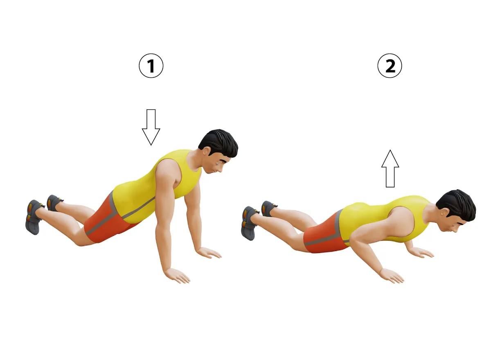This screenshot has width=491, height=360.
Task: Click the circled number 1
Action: tap(151, 66)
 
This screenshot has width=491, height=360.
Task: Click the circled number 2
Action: tap(390, 66)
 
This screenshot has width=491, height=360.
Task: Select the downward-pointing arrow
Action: tap(151, 127)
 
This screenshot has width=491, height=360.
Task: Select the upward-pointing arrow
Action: tap(390, 169)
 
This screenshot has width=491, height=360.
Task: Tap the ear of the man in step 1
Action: tap(207, 151)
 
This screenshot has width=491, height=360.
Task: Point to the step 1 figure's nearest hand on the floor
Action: tap(177, 275)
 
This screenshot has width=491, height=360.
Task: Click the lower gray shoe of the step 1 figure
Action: tap(34, 217)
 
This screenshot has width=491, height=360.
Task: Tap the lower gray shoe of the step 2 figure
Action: tap(250, 223)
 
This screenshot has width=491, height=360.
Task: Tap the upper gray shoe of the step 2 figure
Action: tap(268, 208)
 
